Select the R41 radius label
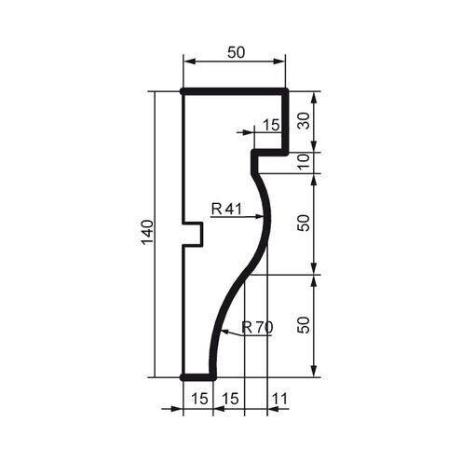[226, 210]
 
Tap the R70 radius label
[256, 327]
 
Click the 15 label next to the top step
[271, 124]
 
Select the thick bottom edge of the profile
[198, 377]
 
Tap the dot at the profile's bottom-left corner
[183, 377]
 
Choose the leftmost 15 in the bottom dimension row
[197, 398]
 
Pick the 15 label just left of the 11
[229, 398]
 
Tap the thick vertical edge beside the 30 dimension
[285, 121]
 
